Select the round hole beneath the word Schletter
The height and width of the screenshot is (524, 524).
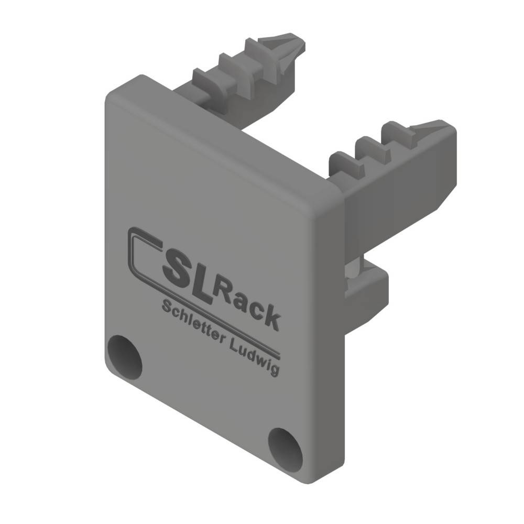point(125,357)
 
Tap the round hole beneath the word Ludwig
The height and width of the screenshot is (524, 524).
point(286,449)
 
